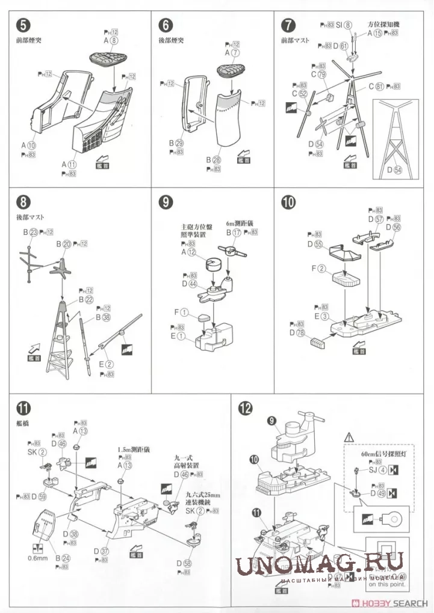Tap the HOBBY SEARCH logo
point(391,603)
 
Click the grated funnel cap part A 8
point(108,58)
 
